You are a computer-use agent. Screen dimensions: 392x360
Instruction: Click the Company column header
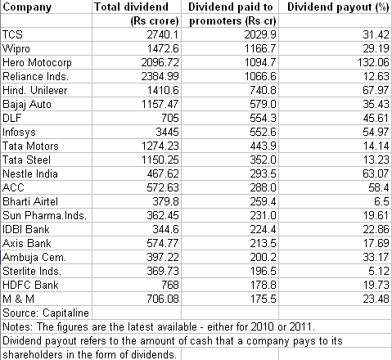[27, 7]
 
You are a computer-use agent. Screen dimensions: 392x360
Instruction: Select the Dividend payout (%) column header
[338, 7]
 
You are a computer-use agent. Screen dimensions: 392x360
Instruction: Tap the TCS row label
[12, 34]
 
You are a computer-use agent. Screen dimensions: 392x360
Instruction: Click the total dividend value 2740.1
[163, 34]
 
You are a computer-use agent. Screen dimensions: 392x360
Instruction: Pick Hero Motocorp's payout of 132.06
[373, 62]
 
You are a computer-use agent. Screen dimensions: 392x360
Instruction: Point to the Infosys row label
[19, 133]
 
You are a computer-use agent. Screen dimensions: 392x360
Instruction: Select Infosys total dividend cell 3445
[167, 132]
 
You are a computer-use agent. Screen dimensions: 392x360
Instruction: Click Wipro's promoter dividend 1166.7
[260, 48]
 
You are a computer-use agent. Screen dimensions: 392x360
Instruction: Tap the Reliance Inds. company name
[35, 76]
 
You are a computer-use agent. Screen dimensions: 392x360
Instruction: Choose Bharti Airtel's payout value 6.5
[381, 201]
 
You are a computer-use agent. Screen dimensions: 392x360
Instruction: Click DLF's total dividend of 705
[170, 118]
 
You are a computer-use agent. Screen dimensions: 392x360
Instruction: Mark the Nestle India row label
[30, 173]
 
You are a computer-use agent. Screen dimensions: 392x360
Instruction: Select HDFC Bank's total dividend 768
[170, 285]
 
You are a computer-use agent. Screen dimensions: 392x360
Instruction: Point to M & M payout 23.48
[376, 299]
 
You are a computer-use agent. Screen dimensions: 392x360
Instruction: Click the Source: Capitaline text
[46, 313]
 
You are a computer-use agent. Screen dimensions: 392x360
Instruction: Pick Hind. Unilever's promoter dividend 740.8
[263, 90]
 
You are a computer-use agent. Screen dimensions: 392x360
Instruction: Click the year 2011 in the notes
[302, 326]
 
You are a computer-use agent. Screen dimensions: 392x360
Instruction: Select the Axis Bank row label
[26, 243]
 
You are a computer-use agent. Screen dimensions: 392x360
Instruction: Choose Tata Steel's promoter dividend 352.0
[263, 160]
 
